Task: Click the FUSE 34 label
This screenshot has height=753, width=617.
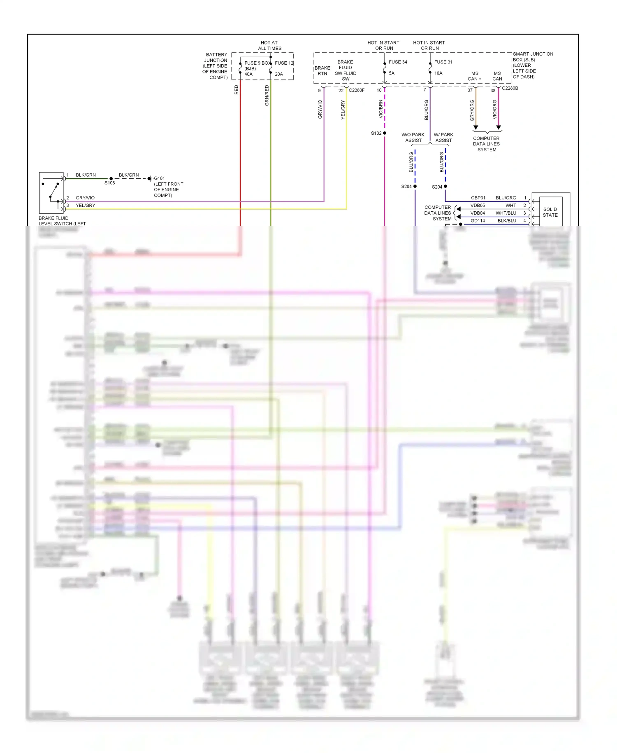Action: point(398,62)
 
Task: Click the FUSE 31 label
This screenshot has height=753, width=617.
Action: point(443,62)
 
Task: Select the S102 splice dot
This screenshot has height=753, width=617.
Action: point(385,133)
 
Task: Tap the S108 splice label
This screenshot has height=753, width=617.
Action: point(109,183)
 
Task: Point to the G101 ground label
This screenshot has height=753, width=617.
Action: point(159,178)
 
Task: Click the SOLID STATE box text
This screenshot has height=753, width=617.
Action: point(550,212)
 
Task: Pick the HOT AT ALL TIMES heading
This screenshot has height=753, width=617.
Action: point(269,45)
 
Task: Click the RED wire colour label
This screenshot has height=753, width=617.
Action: point(236,90)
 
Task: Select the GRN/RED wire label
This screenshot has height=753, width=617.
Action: point(267,96)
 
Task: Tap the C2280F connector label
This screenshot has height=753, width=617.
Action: point(356,90)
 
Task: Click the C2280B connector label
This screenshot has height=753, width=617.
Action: point(510,88)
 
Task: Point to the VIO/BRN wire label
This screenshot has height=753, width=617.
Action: point(380,109)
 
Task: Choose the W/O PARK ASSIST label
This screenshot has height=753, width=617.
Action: point(413,138)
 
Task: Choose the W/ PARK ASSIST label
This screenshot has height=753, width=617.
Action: point(443,138)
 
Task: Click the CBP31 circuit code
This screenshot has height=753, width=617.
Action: point(478,198)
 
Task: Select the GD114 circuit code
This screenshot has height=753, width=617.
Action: point(478,221)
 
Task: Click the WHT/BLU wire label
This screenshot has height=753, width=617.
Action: point(506,213)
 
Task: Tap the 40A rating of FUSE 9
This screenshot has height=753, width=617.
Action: point(248,75)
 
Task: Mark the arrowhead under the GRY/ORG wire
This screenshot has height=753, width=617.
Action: point(476,128)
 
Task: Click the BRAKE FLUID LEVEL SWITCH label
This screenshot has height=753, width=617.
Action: point(62,221)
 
